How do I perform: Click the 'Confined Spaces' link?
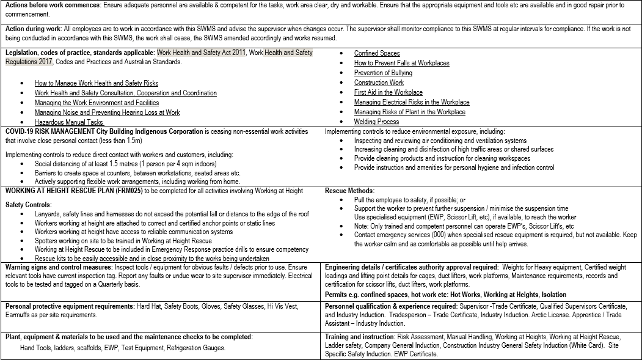(x=377, y=53)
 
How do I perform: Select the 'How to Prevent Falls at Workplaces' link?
(x=401, y=63)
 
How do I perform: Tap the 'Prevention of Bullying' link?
(x=383, y=73)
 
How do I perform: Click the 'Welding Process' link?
(x=376, y=122)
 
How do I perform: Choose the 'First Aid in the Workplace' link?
(x=388, y=92)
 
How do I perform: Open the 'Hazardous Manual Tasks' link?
(x=69, y=122)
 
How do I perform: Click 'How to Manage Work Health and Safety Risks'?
(x=97, y=83)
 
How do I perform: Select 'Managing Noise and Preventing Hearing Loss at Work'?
(x=107, y=112)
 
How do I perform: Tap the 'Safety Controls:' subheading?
(x=29, y=205)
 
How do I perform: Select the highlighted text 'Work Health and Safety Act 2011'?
(x=201, y=53)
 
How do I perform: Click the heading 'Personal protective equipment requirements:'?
(x=70, y=306)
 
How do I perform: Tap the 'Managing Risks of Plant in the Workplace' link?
(x=409, y=112)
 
